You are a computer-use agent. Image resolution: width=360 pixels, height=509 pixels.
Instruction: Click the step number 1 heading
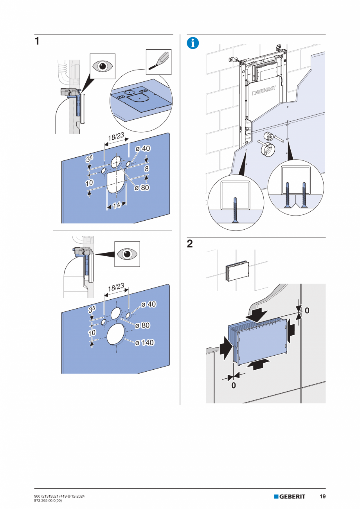pyautogui.click(x=37, y=41)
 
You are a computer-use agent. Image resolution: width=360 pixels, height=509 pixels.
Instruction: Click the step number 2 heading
pyautogui.click(x=190, y=244)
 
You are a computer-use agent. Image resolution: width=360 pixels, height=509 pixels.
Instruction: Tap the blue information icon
pyautogui.click(x=193, y=43)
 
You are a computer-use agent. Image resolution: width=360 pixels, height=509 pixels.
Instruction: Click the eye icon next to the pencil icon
pyautogui.click(x=103, y=66)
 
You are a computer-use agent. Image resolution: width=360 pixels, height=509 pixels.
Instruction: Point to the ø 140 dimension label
pyautogui.click(x=144, y=343)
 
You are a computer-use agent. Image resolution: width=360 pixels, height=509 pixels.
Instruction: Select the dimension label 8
pyautogui.click(x=147, y=169)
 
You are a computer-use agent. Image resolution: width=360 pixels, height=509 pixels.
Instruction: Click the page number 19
pyautogui.click(x=322, y=496)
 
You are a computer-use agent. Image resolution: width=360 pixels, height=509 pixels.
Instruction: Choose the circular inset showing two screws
pyautogui.click(x=295, y=187)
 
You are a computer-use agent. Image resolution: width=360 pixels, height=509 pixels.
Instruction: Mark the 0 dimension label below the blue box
pyautogui.click(x=234, y=385)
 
